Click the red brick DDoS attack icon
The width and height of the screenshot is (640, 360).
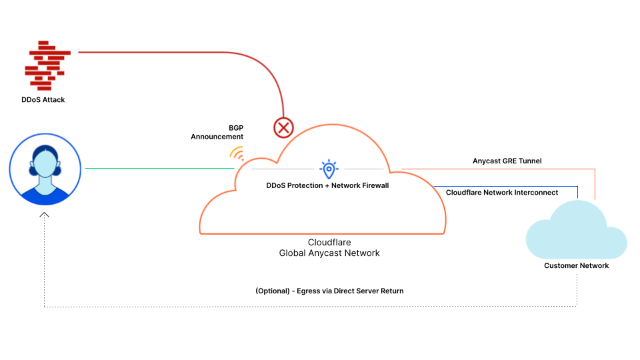coord(47,65)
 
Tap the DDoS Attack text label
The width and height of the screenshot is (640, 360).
coord(43,99)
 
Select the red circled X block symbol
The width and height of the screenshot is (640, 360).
coord(284,127)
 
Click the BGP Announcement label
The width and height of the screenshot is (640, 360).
coord(217,131)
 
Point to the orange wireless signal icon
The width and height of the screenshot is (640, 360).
coord(237,154)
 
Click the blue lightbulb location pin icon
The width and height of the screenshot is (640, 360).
coord(329,169)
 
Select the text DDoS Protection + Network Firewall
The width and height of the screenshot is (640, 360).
coord(327,185)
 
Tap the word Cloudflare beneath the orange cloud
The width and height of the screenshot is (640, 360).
coord(329,243)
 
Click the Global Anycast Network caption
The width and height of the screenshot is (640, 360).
coord(329,253)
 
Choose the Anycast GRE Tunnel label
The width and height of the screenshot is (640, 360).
coord(507,161)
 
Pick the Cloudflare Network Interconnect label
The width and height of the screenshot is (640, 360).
coord(502,192)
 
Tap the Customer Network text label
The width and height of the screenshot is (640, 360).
coord(576,265)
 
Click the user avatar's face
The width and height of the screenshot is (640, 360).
coord(45,163)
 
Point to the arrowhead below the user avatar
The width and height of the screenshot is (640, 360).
coord(45,215)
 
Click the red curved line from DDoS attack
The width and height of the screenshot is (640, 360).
coord(200,52)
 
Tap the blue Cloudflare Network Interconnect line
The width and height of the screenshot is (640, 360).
coord(507,185)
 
